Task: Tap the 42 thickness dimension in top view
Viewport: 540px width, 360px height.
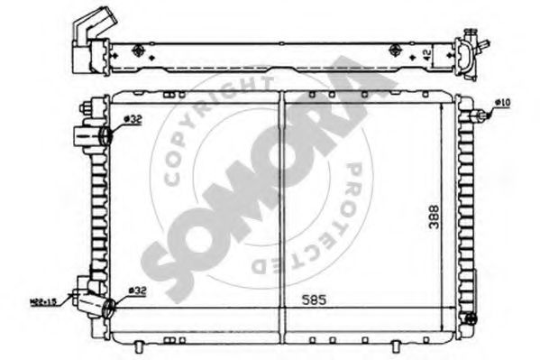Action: pyautogui.click(x=425, y=54)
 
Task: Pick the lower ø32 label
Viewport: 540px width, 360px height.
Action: pyautogui.click(x=136, y=291)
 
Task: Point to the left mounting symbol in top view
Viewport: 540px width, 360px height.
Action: pyautogui.click(x=136, y=51)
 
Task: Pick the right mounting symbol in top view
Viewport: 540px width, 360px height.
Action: pyautogui.click(x=394, y=50)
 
